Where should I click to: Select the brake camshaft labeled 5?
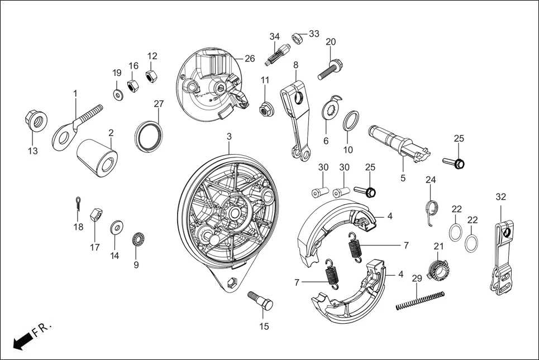pyautogui.click(x=398, y=143)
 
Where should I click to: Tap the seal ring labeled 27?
pyautogui.click(x=150, y=135)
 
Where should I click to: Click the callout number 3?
pyautogui.click(x=229, y=136)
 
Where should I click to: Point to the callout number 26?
pyautogui.click(x=249, y=59)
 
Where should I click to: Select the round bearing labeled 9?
pyautogui.click(x=137, y=240)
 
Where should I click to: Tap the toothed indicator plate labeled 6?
pyautogui.click(x=332, y=109)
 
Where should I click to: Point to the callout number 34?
pyautogui.click(x=274, y=37)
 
